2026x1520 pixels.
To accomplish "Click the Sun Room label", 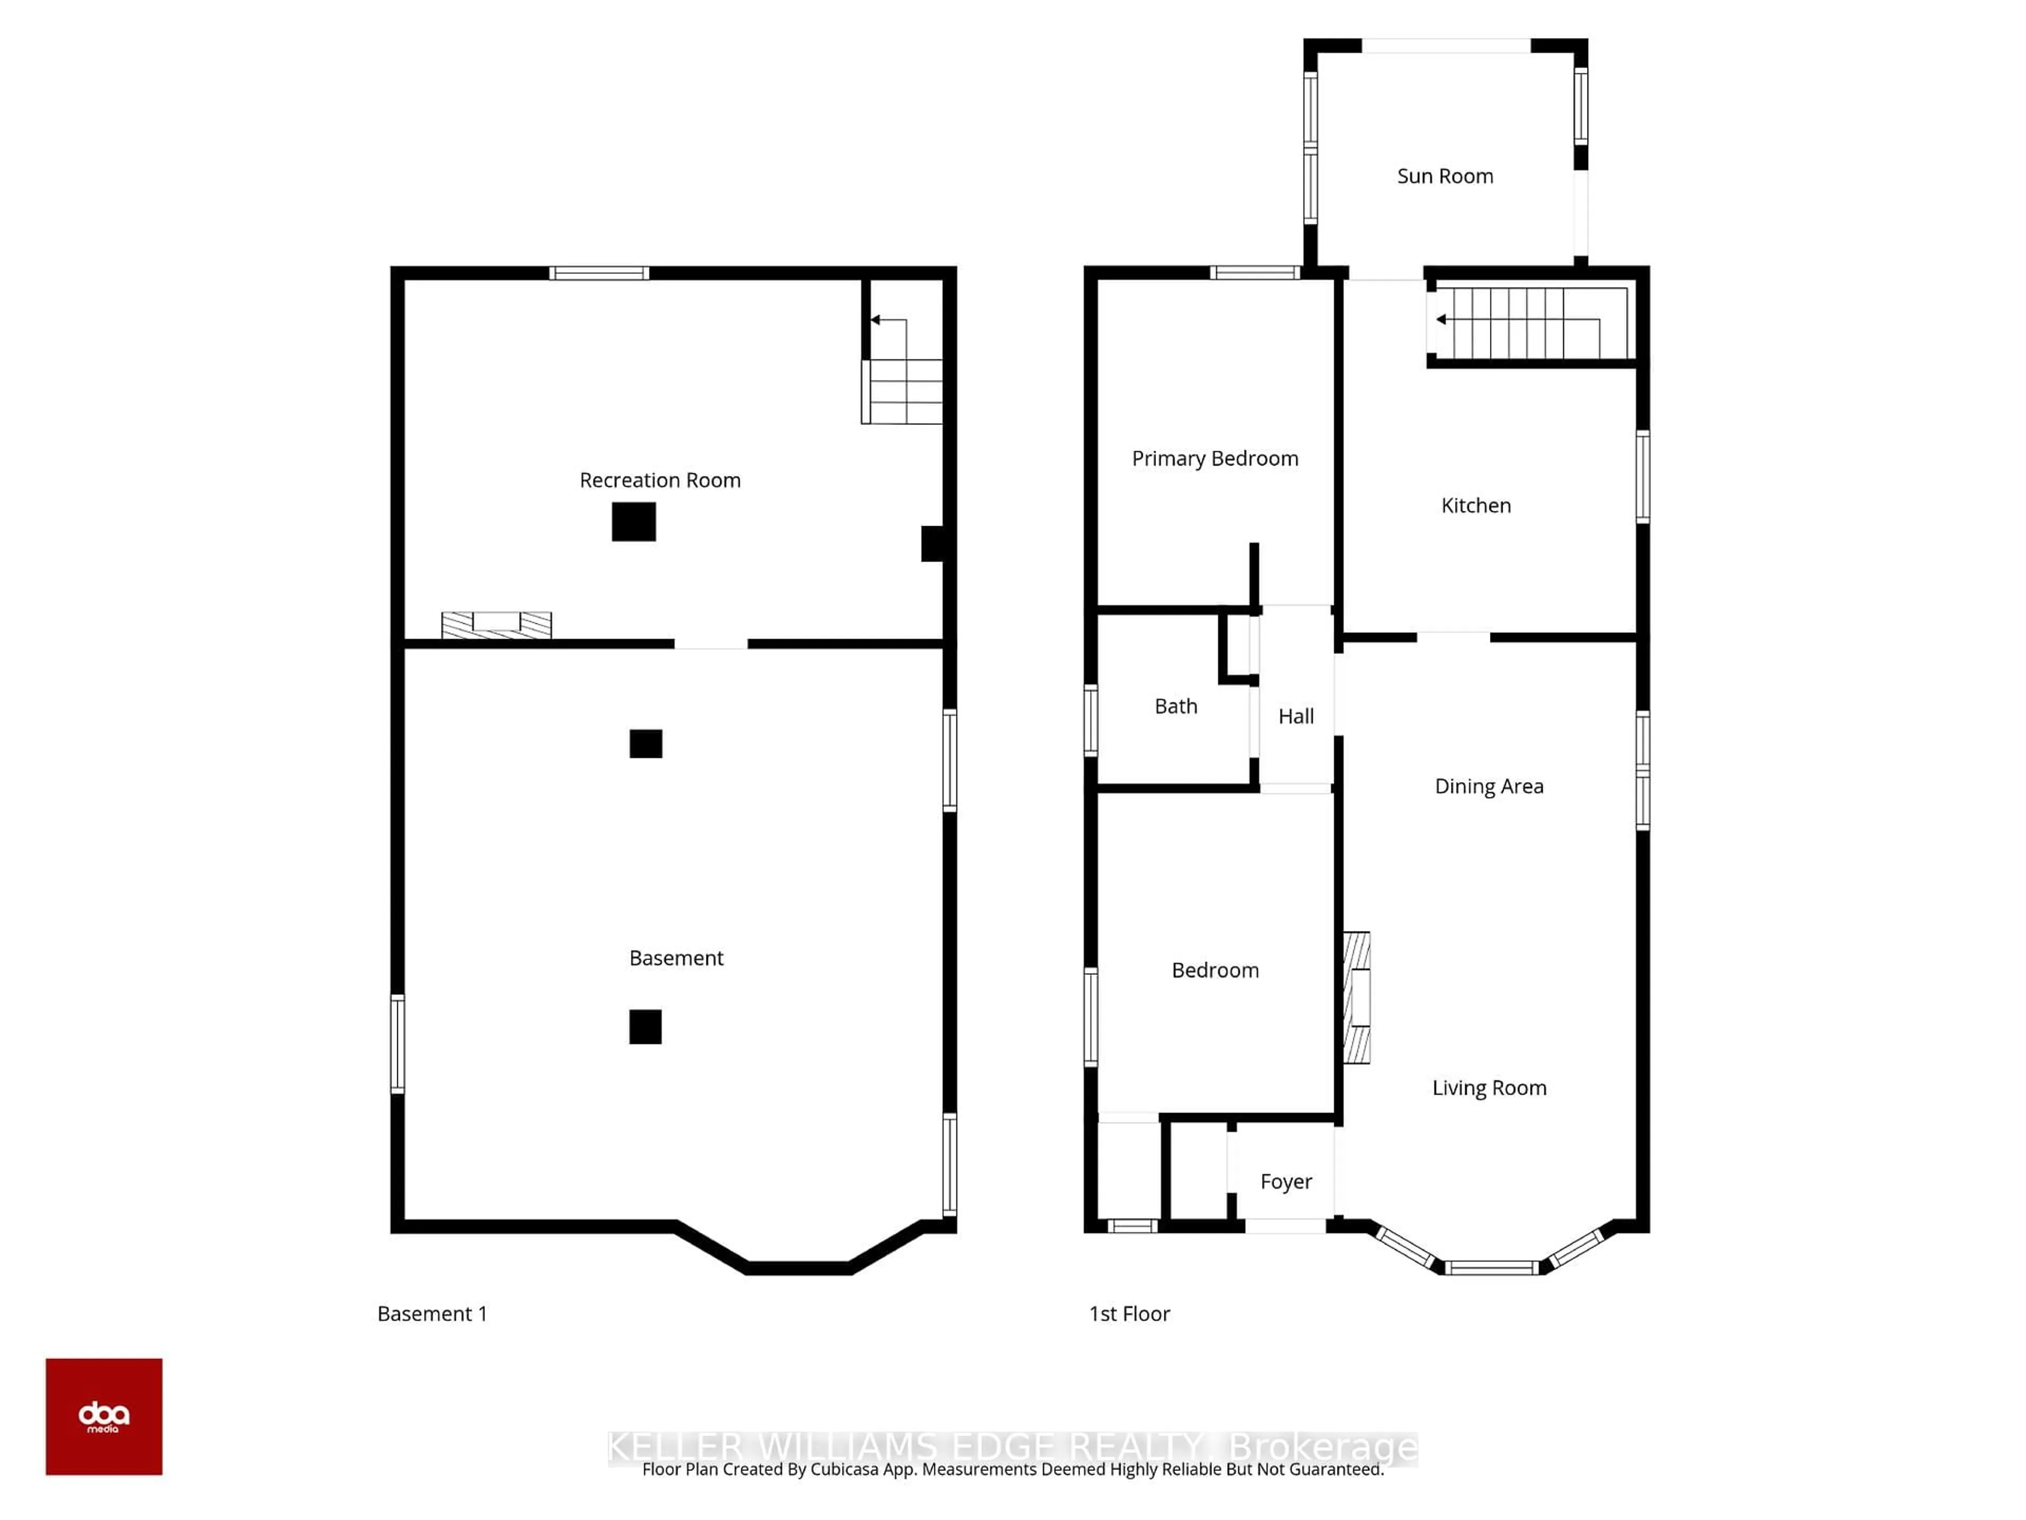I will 1445,176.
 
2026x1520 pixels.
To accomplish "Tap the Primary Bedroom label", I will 1215,458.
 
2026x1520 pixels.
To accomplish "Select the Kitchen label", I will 1476,505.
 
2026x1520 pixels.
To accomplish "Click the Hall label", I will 1295,716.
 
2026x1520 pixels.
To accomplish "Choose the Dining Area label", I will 1488,786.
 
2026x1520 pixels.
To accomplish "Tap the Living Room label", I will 1488,1088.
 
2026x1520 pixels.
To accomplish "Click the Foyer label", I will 1285,1181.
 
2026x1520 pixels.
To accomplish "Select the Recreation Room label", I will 660,480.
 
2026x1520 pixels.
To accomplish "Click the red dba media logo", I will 103,1417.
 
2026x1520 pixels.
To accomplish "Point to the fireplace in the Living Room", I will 1356,997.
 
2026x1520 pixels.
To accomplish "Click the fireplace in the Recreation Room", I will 496,625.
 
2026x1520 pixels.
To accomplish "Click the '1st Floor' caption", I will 1129,1314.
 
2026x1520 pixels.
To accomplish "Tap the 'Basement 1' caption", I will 432,1314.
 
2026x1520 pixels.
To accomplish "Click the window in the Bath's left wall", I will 1091,720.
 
